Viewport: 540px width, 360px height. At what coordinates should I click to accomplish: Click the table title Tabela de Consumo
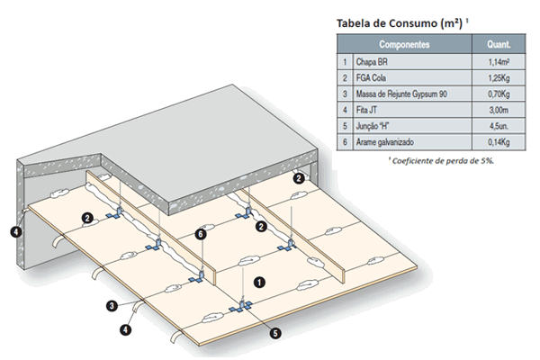[395, 22]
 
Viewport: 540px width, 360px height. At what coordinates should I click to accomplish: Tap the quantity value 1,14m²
[498, 62]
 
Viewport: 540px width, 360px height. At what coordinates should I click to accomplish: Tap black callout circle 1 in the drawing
[259, 281]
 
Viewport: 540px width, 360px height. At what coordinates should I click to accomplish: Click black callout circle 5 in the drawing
[275, 332]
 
